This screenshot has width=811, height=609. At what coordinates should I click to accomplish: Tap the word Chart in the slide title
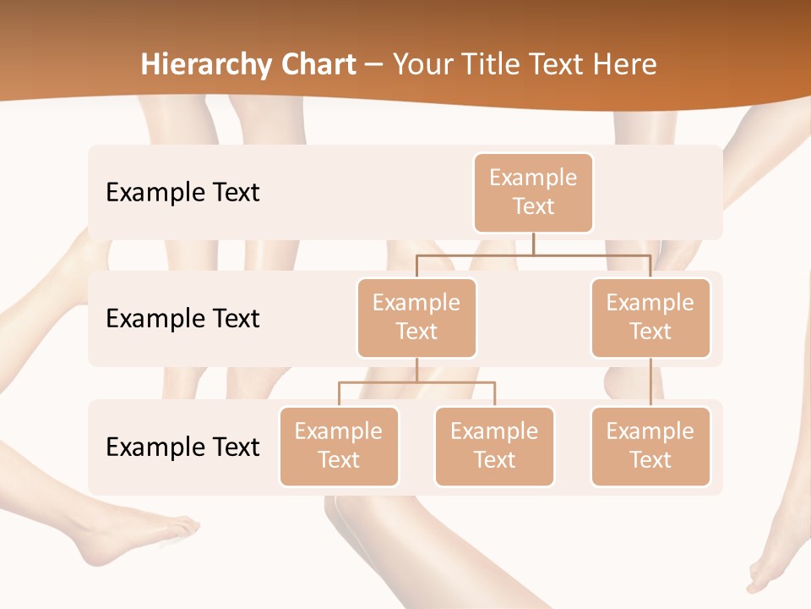pos(319,64)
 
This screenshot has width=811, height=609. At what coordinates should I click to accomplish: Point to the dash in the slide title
pos(374,65)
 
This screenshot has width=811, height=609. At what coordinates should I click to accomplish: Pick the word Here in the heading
pos(624,64)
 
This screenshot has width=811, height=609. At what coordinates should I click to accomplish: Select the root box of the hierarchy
pos(533,192)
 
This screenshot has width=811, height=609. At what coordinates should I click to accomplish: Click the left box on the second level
pos(416,317)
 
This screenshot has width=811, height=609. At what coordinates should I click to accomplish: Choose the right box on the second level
pos(650,317)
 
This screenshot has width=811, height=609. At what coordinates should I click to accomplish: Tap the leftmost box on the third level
pos(339,446)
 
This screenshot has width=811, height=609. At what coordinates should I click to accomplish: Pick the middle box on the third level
pos(494,446)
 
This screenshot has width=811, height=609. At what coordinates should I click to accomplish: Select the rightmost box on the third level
pos(650,446)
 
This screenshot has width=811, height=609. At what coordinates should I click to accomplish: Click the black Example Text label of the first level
pos(182,193)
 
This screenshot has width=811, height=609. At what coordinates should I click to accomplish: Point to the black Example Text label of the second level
pos(182,319)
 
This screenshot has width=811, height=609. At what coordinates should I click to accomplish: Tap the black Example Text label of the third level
pos(182,447)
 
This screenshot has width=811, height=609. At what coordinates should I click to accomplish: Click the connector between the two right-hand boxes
pos(650,382)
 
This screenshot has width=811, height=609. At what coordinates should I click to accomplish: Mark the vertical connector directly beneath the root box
pos(533,244)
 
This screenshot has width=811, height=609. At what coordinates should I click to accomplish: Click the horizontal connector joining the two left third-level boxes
pos(416,382)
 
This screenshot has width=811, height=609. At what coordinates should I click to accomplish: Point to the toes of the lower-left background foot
pos(182,529)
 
